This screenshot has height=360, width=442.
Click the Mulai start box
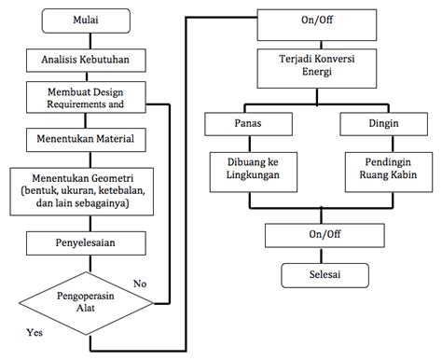click(x=88, y=21)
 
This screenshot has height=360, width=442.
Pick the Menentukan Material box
click(x=88, y=141)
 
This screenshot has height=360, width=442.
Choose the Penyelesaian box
click(x=88, y=243)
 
